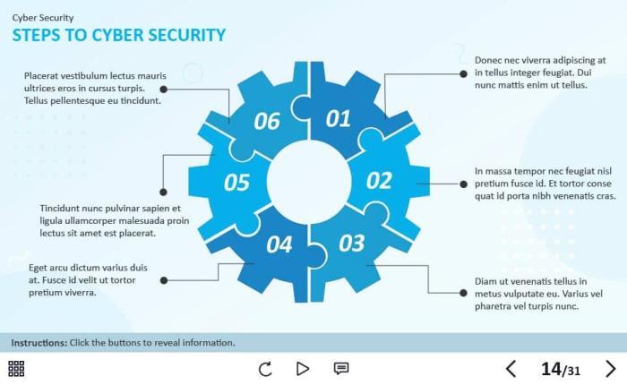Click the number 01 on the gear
click(338, 118)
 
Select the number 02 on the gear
click(379, 180)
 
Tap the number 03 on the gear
click(352, 242)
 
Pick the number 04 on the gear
click(279, 244)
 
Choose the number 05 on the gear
click(236, 183)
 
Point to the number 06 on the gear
click(267, 121)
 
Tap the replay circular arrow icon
click(265, 368)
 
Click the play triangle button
click(303, 368)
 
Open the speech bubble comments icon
click(341, 368)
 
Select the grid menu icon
click(16, 368)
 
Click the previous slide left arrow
click(511, 368)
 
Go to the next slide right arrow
click(610, 368)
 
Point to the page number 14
click(550, 368)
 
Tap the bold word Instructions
click(39, 342)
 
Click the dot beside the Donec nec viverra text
click(463, 73)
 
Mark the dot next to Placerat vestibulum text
click(164, 89)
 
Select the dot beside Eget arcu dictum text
click(164, 280)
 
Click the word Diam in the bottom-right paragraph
click(485, 280)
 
